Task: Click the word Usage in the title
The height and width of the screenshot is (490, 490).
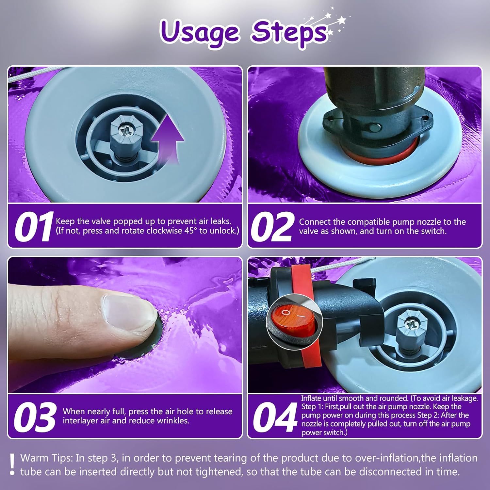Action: (x=200, y=32)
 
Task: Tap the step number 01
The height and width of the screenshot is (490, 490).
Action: (x=33, y=226)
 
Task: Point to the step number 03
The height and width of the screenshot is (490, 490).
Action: (x=35, y=417)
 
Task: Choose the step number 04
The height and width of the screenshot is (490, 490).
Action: (x=275, y=417)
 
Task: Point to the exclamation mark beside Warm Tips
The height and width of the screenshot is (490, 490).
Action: (x=12, y=464)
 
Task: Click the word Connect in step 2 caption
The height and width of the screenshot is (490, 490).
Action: (x=313, y=222)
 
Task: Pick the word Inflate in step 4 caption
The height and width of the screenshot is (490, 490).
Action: (x=311, y=398)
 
